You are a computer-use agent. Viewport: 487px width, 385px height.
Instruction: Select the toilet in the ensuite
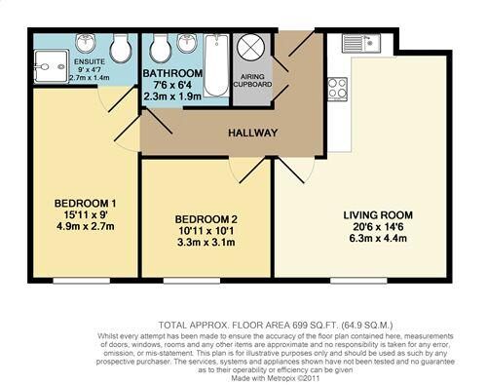pyautogui.click(x=122, y=50)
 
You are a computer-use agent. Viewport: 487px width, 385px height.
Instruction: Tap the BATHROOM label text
pyautogui.click(x=172, y=73)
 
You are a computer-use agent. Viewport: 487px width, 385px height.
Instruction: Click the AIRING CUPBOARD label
pyautogui.click(x=251, y=79)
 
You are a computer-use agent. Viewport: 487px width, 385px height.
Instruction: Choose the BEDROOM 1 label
pyautogui.click(x=83, y=204)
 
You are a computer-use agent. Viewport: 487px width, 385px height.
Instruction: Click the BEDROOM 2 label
pyautogui.click(x=206, y=218)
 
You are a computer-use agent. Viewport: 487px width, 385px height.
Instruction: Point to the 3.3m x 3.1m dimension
pyautogui.click(x=206, y=244)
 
